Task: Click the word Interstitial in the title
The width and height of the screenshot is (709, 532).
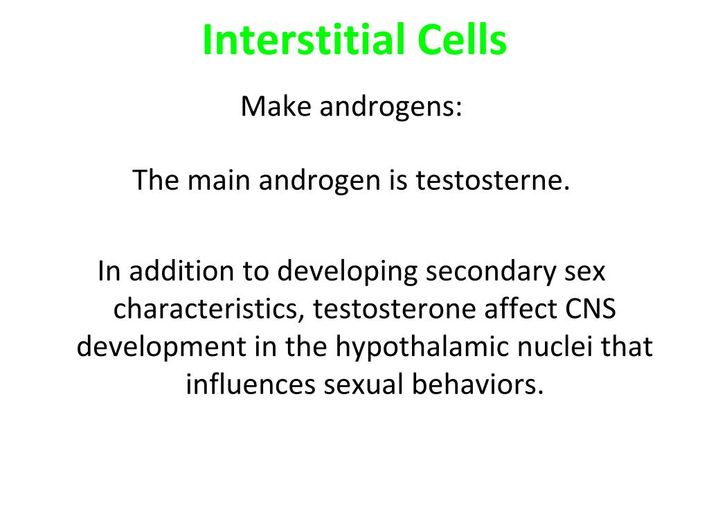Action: (304, 40)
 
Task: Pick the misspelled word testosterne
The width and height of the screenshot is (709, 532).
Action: (492, 181)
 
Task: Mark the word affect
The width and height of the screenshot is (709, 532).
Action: (515, 309)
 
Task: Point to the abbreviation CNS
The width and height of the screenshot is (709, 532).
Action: (589, 309)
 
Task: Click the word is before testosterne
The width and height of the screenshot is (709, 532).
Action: (398, 181)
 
